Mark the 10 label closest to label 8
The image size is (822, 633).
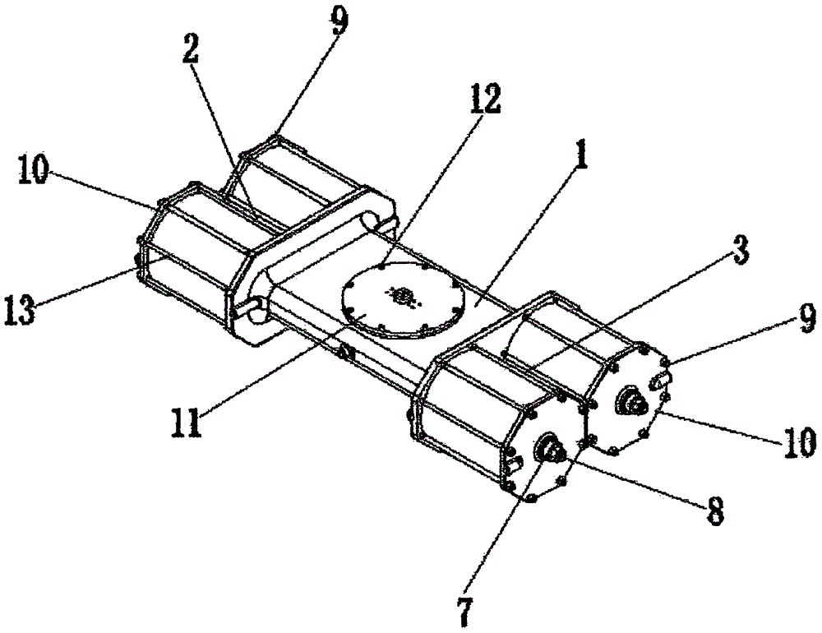point(800,441)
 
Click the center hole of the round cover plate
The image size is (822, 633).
point(402,295)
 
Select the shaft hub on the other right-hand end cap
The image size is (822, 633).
point(634,402)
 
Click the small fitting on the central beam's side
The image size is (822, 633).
point(347,354)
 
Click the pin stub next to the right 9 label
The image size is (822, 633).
point(663,379)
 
